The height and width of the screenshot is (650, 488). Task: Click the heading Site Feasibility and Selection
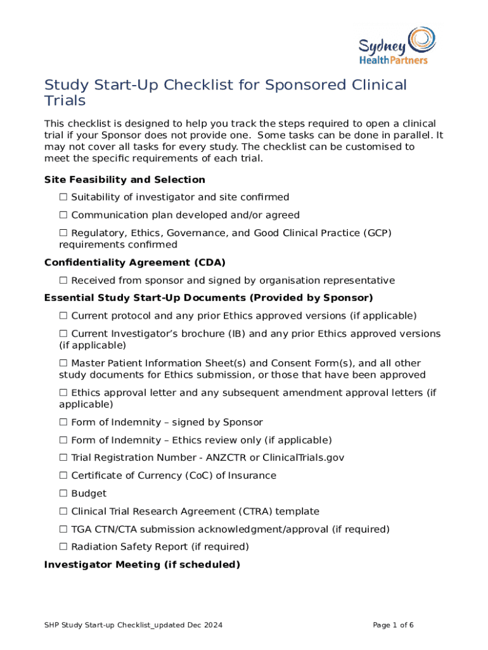124,180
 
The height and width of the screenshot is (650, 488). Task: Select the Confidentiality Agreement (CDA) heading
134,262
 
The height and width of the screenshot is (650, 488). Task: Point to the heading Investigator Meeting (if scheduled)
142,564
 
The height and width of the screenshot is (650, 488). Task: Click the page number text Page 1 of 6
393,625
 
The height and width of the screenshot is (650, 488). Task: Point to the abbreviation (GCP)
377,233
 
